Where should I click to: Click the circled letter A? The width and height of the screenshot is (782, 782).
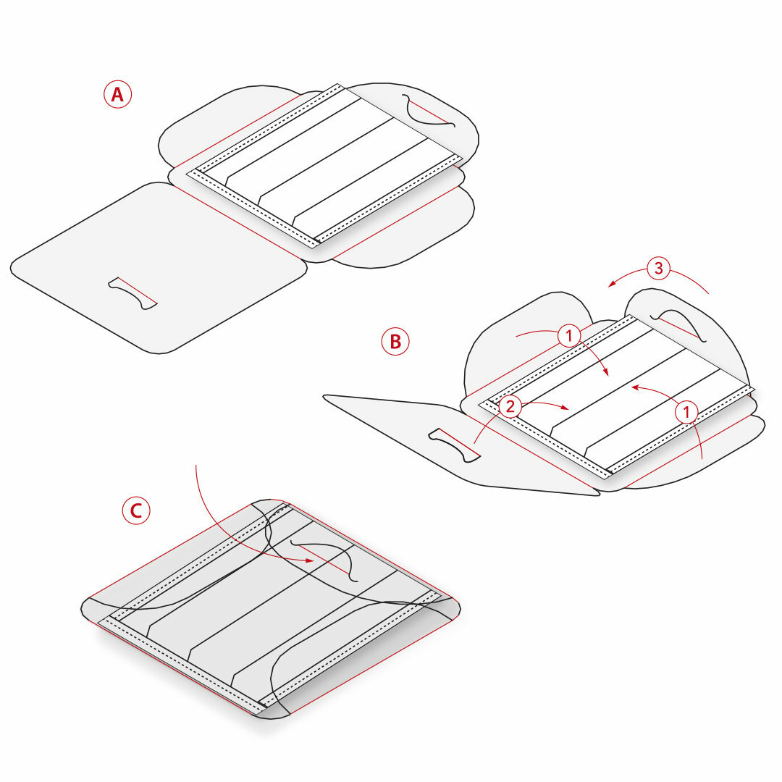coord(118,94)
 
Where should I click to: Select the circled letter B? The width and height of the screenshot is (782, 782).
coord(395,342)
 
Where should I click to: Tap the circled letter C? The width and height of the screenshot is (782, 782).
coord(136,510)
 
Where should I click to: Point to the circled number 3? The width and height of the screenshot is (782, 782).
coord(658,268)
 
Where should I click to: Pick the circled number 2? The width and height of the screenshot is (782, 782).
coord(510,406)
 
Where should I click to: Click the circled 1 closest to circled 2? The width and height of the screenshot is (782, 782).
coord(569,336)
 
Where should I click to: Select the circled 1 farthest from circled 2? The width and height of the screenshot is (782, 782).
coord(686,412)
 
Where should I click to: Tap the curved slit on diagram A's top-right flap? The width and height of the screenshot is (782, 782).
coord(428,111)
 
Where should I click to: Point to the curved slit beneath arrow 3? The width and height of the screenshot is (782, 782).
coord(678,326)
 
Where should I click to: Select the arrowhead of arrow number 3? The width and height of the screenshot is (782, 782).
coord(612,284)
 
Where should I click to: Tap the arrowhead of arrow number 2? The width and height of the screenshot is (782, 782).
coord(565,408)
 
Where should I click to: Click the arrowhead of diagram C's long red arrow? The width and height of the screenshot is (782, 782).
coord(309,560)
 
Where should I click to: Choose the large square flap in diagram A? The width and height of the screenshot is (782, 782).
coord(159,269)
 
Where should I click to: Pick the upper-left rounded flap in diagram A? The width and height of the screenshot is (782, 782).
coord(230,125)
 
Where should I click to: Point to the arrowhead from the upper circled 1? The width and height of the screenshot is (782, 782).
coord(606,372)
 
